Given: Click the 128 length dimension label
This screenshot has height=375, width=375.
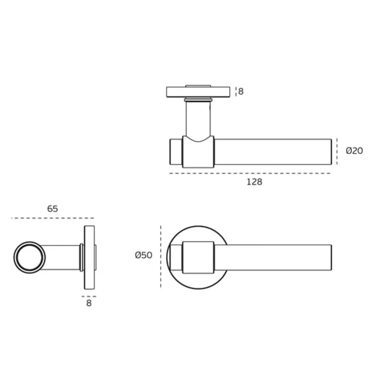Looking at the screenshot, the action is click(x=254, y=182).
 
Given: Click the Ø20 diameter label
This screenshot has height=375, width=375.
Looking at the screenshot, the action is click(x=354, y=151).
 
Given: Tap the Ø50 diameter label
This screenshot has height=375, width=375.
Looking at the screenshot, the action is click(x=144, y=255).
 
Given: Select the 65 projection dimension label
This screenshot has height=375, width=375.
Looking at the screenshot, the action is click(x=52, y=209).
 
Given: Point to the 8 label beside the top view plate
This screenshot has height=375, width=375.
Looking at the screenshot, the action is click(x=241, y=91).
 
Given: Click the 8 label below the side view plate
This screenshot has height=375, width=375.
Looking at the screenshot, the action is click(x=89, y=303).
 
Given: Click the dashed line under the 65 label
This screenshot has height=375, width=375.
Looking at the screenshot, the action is click(x=52, y=218).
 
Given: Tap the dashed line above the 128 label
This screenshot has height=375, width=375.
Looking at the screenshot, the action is click(x=250, y=173).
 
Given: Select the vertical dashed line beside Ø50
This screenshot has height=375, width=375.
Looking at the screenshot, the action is click(x=161, y=257).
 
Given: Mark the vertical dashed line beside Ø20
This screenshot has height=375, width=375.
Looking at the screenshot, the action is click(x=337, y=152).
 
